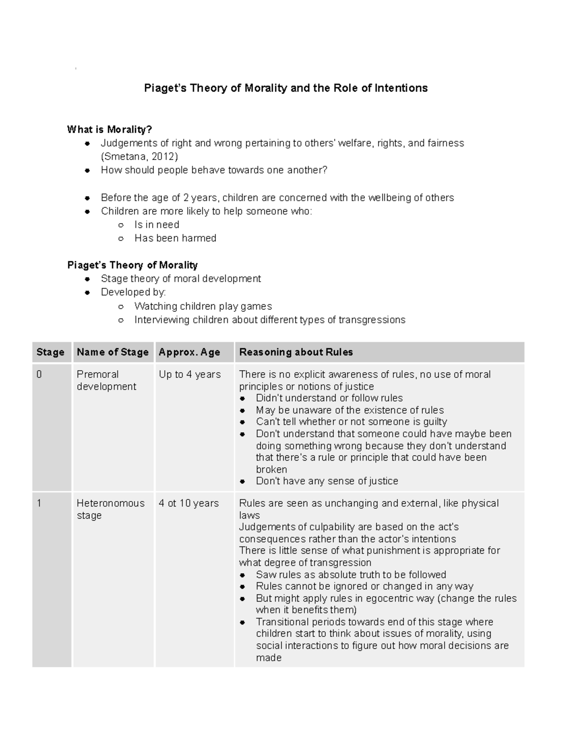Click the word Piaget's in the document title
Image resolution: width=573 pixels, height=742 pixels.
coord(165,88)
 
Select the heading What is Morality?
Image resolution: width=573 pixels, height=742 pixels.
coord(109,129)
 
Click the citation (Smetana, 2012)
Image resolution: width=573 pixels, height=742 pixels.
coord(139,157)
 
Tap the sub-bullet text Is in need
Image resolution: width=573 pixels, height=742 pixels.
coord(157,225)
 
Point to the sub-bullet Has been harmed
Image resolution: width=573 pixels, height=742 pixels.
coord(175,238)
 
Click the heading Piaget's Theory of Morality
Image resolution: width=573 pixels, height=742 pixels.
coord(132,265)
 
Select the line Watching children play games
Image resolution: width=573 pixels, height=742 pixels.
coord(203,306)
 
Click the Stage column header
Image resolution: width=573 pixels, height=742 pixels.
coord(50,352)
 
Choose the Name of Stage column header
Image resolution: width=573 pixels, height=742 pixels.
coord(113,352)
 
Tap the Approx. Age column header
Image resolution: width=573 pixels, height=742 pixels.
coord(190,352)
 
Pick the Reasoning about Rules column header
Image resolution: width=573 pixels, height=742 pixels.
coord(296,352)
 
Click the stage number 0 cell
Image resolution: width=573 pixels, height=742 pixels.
coord(39,375)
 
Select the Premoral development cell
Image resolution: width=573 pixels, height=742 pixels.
coord(106,380)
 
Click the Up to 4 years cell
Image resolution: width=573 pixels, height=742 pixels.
coord(190,375)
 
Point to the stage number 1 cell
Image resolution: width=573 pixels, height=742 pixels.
coord(39,504)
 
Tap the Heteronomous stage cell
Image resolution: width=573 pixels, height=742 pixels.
coord(110,509)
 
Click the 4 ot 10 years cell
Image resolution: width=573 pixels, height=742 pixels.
coord(189,504)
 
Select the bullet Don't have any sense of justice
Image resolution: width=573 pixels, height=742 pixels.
coord(327,481)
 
